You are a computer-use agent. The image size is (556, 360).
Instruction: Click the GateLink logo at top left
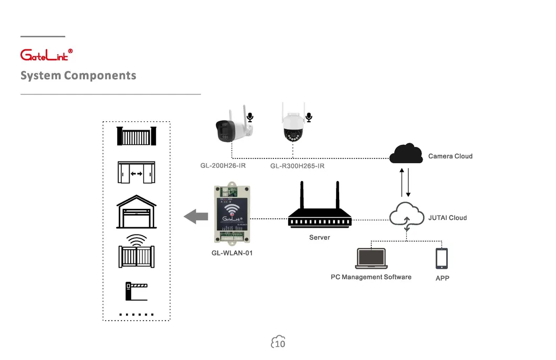pyautogui.click(x=46, y=55)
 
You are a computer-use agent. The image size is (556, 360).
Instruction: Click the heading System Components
pyautogui.click(x=78, y=76)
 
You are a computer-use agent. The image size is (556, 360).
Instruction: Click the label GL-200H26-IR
pyautogui.click(x=223, y=166)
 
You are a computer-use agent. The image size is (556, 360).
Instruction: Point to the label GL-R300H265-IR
pyautogui.click(x=297, y=166)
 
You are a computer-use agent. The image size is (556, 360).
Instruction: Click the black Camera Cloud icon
pyautogui.click(x=406, y=153)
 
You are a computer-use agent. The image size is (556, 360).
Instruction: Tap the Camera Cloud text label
pyautogui.click(x=450, y=156)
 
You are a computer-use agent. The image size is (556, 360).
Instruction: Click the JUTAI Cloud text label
pyautogui.click(x=447, y=218)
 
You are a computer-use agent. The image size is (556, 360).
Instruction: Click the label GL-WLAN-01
pyautogui.click(x=232, y=253)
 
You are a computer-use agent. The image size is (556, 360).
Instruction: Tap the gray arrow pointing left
pyautogui.click(x=196, y=216)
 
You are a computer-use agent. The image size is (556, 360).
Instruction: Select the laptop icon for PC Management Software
pyautogui.click(x=371, y=259)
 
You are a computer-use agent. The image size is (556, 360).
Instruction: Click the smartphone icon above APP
pyautogui.click(x=442, y=259)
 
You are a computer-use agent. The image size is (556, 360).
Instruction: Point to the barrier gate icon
pyautogui.click(x=136, y=291)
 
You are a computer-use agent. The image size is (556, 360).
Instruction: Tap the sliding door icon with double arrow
pyautogui.click(x=136, y=173)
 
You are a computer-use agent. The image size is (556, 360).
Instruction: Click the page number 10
pyautogui.click(x=280, y=343)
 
